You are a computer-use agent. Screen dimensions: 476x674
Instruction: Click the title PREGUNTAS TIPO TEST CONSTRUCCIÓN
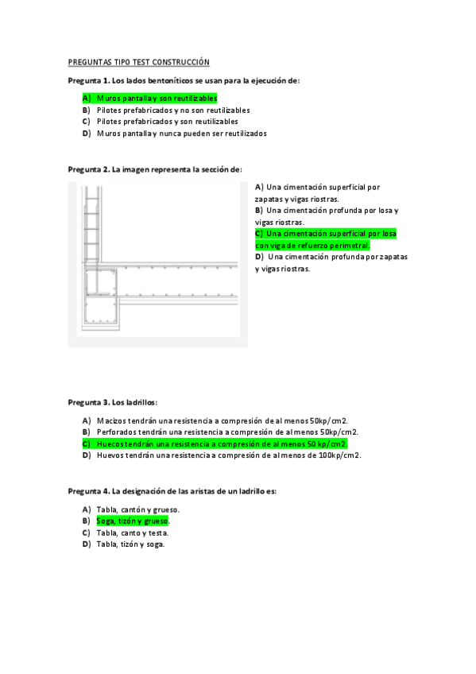click(138, 61)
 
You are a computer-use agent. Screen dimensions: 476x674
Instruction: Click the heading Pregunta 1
click(88, 80)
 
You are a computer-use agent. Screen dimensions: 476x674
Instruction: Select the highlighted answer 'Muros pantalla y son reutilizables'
click(157, 98)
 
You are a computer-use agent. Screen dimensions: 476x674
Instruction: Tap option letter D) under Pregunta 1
click(86, 134)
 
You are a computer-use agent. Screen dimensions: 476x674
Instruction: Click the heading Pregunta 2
click(88, 169)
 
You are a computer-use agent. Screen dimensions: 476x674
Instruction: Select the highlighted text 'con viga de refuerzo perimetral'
click(312, 246)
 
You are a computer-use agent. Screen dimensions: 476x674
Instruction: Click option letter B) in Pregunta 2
click(259, 211)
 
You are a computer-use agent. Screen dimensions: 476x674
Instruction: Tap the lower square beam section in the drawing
click(100, 310)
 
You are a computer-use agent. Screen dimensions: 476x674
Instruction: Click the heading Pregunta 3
click(88, 402)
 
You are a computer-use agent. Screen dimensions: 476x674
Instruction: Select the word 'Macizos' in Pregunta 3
click(112, 420)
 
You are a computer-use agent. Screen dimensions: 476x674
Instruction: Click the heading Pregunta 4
click(88, 491)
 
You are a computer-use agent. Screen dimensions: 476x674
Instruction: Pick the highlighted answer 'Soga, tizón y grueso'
click(132, 521)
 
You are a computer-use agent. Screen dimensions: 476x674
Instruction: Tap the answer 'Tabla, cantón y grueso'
click(137, 509)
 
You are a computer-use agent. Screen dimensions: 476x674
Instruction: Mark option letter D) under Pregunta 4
click(86, 544)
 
